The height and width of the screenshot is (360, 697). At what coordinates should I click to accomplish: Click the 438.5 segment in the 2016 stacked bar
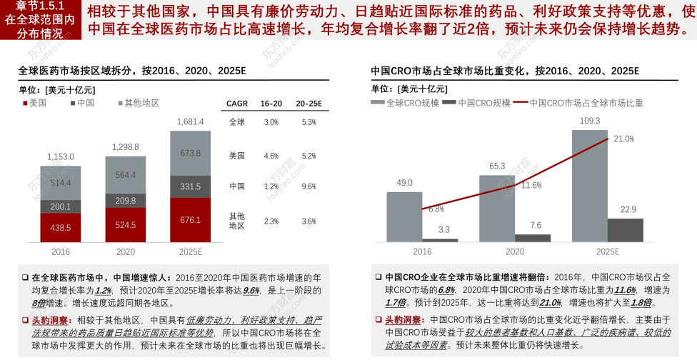[x=60, y=228]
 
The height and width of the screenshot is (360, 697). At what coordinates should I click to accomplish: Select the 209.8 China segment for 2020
[x=125, y=201]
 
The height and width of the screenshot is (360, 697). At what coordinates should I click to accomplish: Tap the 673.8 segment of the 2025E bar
[x=190, y=153]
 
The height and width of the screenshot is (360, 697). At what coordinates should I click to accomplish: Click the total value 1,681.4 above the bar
[x=190, y=121]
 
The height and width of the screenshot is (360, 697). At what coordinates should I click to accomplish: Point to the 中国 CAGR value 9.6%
[x=309, y=186]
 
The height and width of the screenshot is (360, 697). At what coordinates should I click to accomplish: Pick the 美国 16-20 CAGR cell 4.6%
[x=271, y=155]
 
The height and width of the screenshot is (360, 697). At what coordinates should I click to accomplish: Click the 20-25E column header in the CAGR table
[x=309, y=104]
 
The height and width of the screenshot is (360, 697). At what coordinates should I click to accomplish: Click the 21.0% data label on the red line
[x=623, y=139]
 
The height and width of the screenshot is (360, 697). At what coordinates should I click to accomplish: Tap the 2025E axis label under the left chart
[x=190, y=251]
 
